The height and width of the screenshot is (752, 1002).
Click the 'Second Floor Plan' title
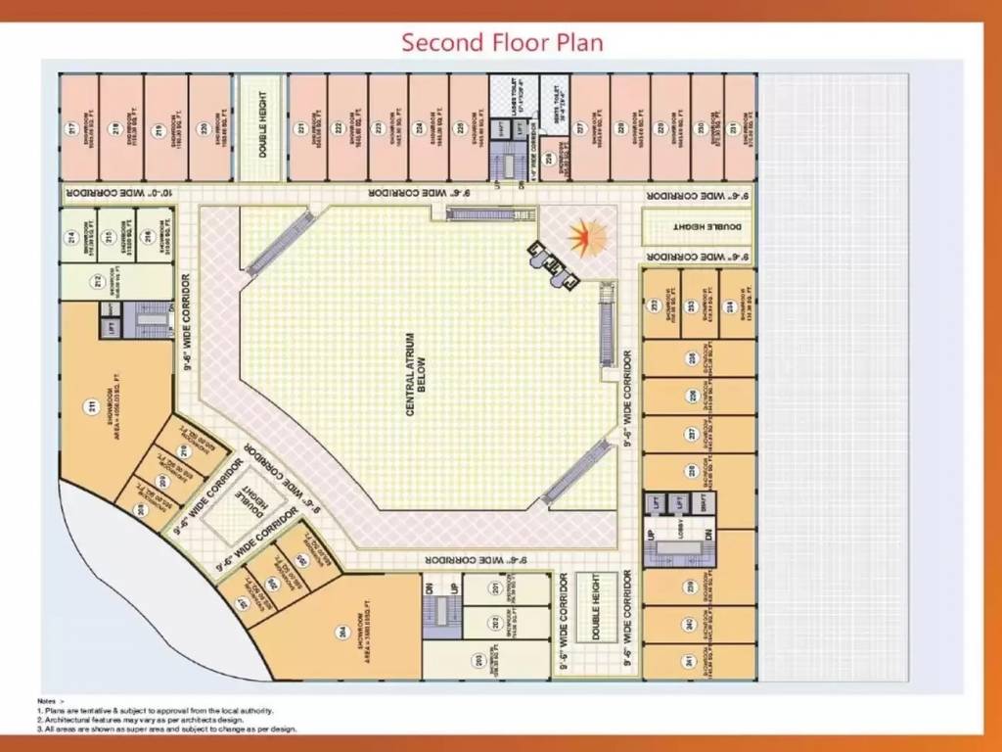[502, 42]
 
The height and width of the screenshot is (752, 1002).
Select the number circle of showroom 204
[342, 631]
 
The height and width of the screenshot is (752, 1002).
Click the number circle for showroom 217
[71, 128]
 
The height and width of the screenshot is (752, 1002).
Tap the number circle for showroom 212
[98, 282]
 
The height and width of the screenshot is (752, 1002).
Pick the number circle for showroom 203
[478, 660]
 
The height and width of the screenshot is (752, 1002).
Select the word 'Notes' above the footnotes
[47, 701]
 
